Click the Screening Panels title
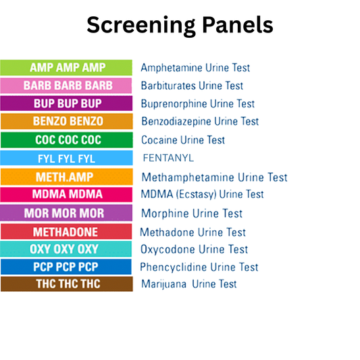pos(180,26)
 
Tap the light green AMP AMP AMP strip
pos(66,68)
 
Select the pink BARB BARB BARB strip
pos(66,86)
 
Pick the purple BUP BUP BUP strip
pos(66,104)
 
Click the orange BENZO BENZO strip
pos(66,122)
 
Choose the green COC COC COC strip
pos(66,140)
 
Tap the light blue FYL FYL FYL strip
pos(66,159)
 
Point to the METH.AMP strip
pos(66,177)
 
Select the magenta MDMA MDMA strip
pos(66,195)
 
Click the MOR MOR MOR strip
pos(66,213)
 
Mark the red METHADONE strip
pos(66,232)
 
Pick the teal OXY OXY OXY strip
pos(66,249)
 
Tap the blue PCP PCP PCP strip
pos(66,267)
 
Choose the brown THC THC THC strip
pos(66,284)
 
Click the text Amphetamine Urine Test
pos(195,68)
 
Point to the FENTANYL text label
pos(168,159)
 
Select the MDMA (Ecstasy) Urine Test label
pos(202,195)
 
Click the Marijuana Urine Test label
pos(188,284)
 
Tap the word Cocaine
pos(160,140)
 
